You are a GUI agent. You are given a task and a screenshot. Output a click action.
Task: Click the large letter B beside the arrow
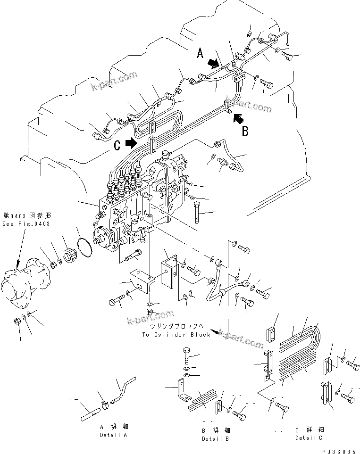coord(245,131)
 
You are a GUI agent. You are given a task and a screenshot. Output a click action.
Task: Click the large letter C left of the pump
coord(117,146)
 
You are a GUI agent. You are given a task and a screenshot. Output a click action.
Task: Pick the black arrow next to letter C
coord(132,142)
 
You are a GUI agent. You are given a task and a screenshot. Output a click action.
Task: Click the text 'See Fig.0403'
coord(25,223)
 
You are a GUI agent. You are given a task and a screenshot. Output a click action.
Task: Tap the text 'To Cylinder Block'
coord(176,334)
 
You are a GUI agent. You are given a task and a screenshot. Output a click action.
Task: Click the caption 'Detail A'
coord(113,435)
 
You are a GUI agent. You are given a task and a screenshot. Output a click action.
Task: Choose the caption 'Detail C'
coord(310,437)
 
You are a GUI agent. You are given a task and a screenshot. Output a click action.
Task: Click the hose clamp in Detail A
coord(104,402)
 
